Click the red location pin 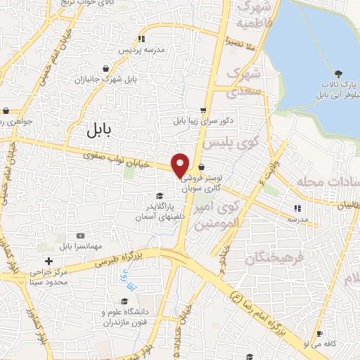coord(180,165)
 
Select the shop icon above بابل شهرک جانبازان coord(105,68)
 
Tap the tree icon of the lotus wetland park coord(339,74)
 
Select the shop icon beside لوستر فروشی coord(203,167)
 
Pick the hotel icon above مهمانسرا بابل coord(79,234)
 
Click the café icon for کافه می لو coord(320,334)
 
